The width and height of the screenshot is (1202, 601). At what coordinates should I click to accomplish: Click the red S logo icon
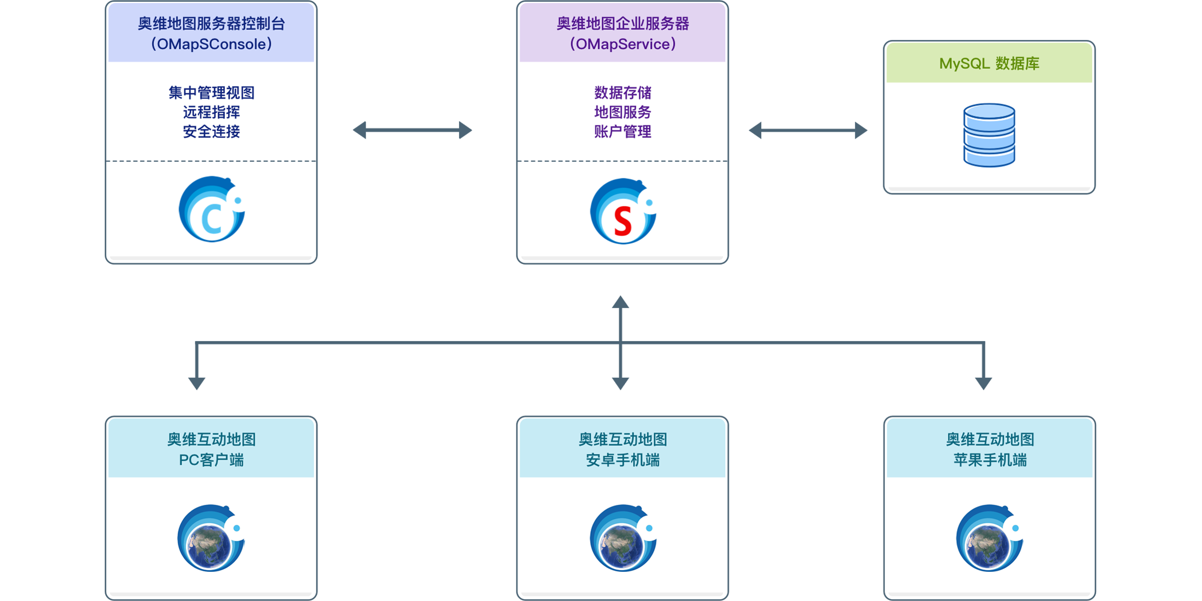tap(623, 212)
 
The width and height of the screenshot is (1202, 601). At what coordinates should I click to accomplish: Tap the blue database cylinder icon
tap(989, 135)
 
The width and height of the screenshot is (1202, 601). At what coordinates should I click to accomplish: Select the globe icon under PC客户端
tap(211, 538)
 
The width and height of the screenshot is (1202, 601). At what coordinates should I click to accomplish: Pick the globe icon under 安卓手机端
tap(623, 538)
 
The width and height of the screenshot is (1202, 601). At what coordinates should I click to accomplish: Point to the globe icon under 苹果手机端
tap(990, 538)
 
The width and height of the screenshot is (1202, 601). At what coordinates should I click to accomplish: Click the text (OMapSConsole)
tap(211, 44)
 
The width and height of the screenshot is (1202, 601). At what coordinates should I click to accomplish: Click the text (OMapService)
tap(623, 44)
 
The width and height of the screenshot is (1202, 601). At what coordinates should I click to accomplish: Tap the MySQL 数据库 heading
tap(989, 64)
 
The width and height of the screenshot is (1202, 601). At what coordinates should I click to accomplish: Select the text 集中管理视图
tap(211, 93)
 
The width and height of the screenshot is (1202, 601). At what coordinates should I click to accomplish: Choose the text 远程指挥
tap(211, 112)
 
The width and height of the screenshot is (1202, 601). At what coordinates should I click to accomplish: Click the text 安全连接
tap(211, 132)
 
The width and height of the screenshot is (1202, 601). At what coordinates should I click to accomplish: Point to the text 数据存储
tap(623, 93)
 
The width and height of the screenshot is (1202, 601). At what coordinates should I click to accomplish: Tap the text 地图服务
tap(623, 112)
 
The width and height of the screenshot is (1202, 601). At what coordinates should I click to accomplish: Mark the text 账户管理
tap(623, 132)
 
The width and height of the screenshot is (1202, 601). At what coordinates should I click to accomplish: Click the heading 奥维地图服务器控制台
tap(211, 23)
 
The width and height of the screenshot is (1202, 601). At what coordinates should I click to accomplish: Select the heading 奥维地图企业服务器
tap(623, 23)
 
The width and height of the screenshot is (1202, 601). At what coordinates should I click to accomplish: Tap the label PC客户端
tap(211, 460)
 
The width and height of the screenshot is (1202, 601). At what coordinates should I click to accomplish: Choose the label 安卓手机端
tap(623, 460)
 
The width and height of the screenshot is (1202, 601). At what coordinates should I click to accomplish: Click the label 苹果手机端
tap(990, 460)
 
